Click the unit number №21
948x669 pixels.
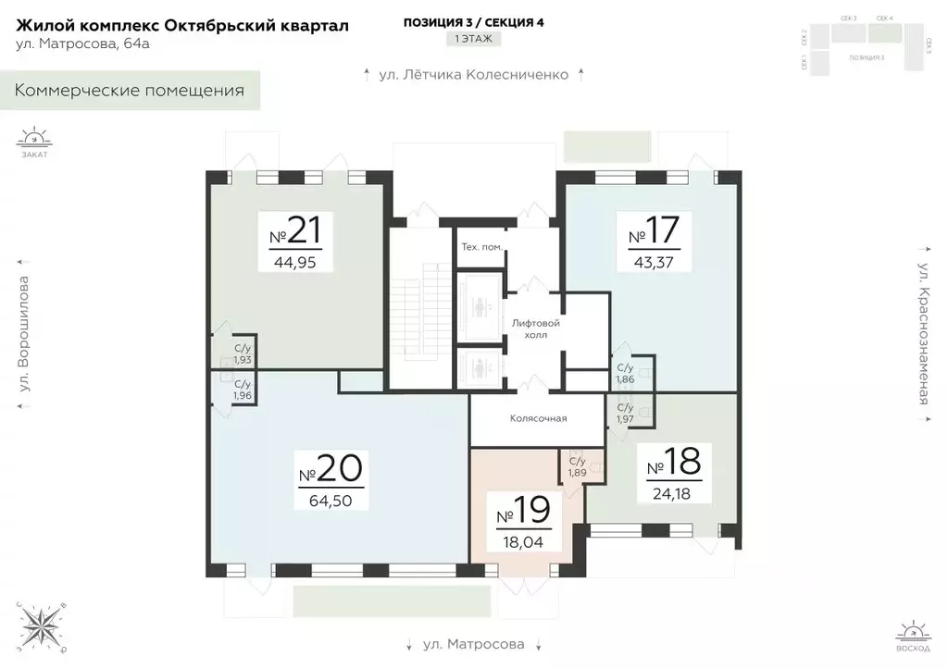coord(296,230)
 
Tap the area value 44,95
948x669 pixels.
coord(296,261)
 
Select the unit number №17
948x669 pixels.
coord(655,230)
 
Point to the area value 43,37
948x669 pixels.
coord(655,261)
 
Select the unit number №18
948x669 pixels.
coord(674,460)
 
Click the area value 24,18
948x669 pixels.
coord(674,491)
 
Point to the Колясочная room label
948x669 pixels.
coord(538,418)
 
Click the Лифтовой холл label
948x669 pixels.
coord(537,328)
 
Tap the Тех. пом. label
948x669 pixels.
coord(481,246)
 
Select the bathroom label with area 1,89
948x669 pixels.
coord(578,467)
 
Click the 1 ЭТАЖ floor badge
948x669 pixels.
coord(473,39)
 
